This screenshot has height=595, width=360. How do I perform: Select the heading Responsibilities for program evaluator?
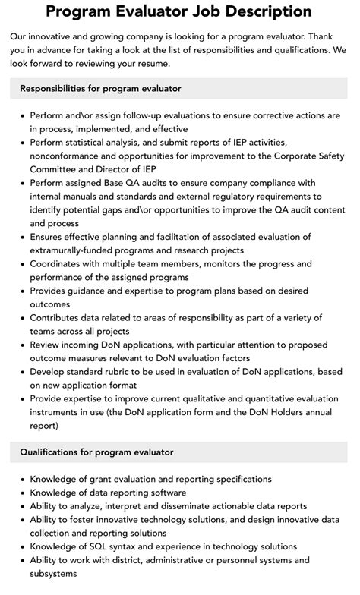pyautogui.click(x=100, y=88)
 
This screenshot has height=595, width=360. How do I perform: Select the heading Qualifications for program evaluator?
pyautogui.click(x=96, y=452)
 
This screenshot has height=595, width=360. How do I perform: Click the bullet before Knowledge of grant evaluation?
pyautogui.click(x=20, y=480)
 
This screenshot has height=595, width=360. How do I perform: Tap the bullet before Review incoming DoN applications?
pyautogui.click(x=20, y=345)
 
